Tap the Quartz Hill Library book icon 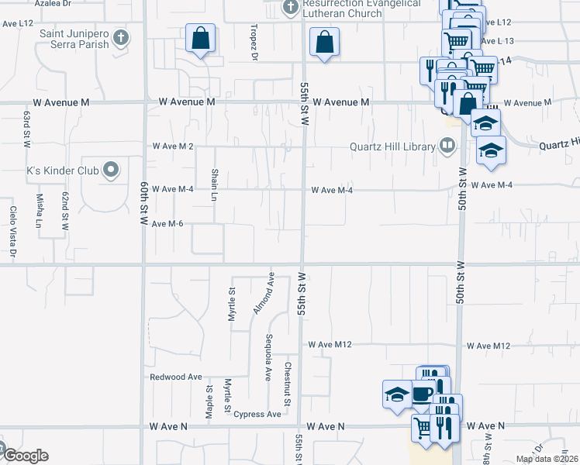447,145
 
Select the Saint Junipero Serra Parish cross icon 120,37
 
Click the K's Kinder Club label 63,169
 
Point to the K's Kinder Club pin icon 111,169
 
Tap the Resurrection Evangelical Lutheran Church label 362,8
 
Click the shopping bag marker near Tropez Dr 200,39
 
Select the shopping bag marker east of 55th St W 324,43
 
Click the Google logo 25,456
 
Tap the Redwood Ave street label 176,377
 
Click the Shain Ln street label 214,184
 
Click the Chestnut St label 286,385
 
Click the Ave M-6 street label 167,224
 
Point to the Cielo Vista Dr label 13,230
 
